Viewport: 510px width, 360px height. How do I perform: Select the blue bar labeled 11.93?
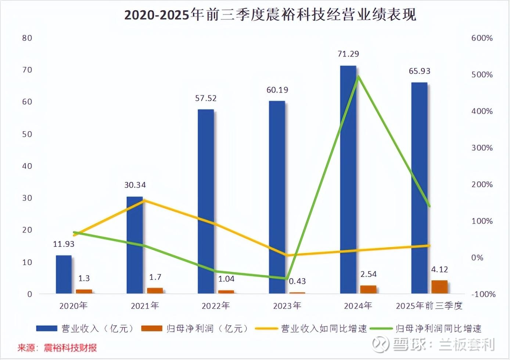click(64, 274)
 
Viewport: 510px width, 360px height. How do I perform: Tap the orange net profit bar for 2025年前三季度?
click(439, 287)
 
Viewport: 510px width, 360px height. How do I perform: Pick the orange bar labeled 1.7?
click(155, 291)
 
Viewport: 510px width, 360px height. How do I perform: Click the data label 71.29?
click(348, 54)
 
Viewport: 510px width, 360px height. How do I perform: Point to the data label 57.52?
click(206, 98)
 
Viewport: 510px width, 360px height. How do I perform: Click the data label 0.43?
click(297, 281)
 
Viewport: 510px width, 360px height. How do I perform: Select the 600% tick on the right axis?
click(482, 38)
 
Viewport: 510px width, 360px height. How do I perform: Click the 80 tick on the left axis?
click(27, 38)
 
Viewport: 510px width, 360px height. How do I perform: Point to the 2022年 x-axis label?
click(216, 306)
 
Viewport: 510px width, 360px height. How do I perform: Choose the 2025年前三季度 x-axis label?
click(429, 306)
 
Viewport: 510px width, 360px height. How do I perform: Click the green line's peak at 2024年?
click(358, 76)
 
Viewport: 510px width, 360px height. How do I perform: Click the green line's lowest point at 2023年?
click(287, 278)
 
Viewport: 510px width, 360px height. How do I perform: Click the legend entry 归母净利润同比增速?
click(426, 328)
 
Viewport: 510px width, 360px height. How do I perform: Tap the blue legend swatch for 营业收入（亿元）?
click(47, 328)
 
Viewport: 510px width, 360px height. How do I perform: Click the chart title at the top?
click(270, 15)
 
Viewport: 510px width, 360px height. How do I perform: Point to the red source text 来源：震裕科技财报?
click(57, 348)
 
